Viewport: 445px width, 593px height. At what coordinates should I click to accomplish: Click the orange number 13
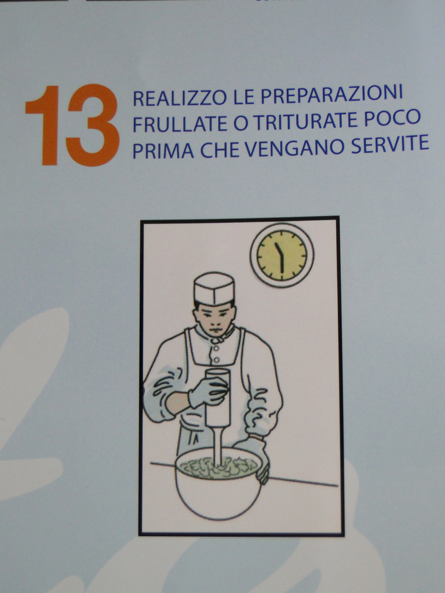[72, 125]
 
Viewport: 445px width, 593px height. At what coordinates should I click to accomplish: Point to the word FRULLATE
[180, 124]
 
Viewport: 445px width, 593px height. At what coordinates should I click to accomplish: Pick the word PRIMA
[163, 151]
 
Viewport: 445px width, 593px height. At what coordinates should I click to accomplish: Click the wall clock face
[282, 255]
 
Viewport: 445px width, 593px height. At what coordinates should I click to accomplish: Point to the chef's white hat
[214, 288]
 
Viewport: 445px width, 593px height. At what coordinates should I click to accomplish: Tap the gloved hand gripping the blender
[208, 392]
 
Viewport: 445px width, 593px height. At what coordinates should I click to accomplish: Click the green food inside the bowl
[218, 467]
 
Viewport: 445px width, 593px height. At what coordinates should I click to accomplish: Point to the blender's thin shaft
[217, 446]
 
